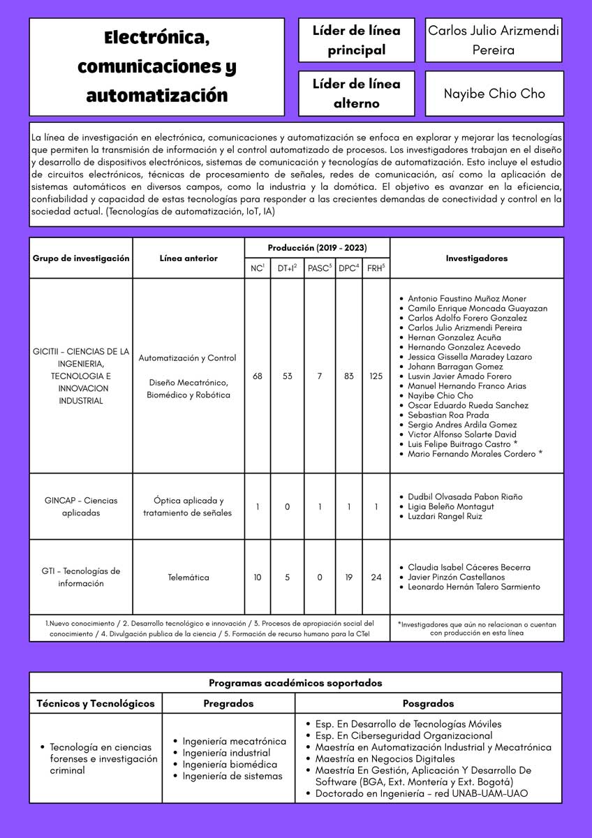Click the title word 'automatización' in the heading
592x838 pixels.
point(156,94)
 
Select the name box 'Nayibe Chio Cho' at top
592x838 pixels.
point(494,94)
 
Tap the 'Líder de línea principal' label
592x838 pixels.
point(356,41)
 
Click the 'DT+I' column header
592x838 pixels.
point(287,268)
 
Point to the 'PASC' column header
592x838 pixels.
point(320,268)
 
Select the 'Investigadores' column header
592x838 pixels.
point(477,258)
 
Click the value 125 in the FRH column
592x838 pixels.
point(376,376)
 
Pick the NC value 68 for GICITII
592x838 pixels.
point(258,376)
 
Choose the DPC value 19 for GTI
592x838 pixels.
point(349,578)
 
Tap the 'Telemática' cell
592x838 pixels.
point(188,578)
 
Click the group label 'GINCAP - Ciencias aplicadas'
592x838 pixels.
point(81,506)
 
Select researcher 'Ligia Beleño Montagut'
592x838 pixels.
point(450,506)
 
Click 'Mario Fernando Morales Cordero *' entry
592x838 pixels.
point(475,454)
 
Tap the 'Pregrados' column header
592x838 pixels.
point(228,703)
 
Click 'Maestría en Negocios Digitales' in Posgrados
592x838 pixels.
point(385,758)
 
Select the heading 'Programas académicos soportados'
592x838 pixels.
point(295,683)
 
